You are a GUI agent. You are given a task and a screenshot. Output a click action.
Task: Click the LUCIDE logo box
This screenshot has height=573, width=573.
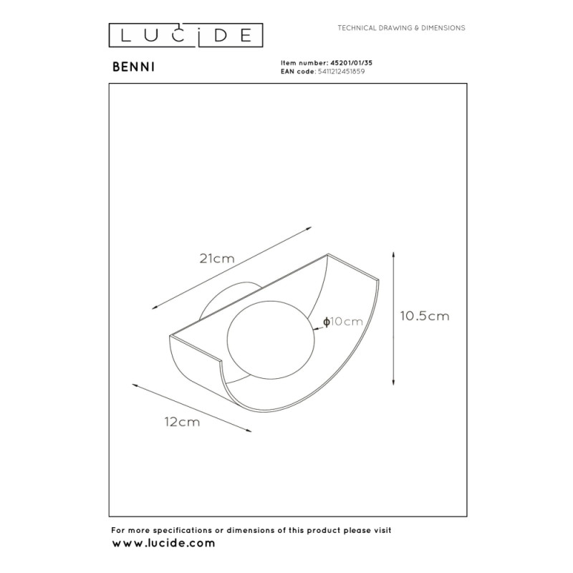pyautogui.click(x=186, y=35)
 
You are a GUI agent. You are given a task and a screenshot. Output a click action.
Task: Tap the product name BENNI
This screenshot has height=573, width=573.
pyautogui.click(x=133, y=67)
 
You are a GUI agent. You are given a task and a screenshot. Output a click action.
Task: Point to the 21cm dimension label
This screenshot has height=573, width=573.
pyautogui.click(x=217, y=259)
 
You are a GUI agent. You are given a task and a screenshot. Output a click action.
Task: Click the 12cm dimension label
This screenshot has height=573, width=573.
pyautogui.click(x=183, y=422)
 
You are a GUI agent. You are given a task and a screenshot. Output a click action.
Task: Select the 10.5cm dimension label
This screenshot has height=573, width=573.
pyautogui.click(x=425, y=316)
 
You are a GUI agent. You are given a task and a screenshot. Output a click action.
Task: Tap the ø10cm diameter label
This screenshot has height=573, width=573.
pyautogui.click(x=343, y=322)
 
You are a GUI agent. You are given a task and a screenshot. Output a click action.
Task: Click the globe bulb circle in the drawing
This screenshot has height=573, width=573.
pyautogui.click(x=271, y=340)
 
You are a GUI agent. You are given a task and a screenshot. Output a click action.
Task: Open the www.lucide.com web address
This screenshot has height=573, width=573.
pyautogui.click(x=163, y=543)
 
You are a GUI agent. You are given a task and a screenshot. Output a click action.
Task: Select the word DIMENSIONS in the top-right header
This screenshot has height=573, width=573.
pyautogui.click(x=443, y=28)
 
